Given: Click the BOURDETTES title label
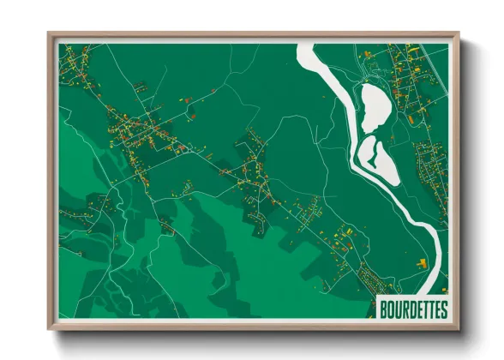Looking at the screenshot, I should point(413,309).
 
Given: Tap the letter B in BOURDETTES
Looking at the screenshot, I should point(385,309).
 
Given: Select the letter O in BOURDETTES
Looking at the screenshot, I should point(392,309).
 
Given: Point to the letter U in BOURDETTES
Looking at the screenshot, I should point(399,309).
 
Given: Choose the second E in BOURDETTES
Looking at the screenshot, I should point(437,309).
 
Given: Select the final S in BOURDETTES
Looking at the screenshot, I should point(443,309).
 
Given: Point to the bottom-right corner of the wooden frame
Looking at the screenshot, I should point(458,329).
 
